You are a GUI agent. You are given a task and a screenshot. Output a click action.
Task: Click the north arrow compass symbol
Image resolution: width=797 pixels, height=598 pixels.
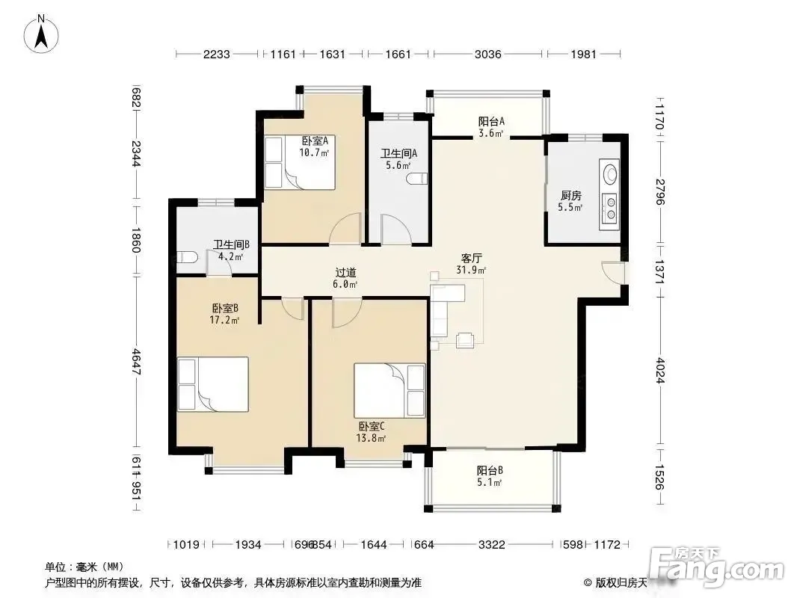pos(41,34)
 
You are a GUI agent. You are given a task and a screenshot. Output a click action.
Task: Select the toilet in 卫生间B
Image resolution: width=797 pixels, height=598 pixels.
pos(187,258)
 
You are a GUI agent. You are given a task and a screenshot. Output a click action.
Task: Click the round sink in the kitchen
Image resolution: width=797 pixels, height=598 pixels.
pos(609,173)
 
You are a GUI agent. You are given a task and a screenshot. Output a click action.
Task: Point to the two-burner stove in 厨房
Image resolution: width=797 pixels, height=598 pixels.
pos(609,209)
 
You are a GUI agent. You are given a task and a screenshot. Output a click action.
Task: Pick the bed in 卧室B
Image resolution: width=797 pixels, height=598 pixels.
pos(213,384)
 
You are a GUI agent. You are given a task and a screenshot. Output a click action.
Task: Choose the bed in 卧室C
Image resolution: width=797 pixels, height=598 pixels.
pos(390,390)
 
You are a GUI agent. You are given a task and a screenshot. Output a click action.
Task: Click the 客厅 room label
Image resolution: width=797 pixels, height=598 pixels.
pos(471,259)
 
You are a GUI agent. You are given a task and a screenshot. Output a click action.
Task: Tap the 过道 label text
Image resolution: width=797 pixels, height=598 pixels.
pos(345,273)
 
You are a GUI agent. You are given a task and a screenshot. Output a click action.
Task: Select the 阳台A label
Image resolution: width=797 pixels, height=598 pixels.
pos(491,121)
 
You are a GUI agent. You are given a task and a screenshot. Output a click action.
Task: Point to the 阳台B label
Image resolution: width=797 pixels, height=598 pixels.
pos(490,470)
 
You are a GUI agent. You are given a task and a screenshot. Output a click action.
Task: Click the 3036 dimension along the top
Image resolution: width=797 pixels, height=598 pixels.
pos(488,54)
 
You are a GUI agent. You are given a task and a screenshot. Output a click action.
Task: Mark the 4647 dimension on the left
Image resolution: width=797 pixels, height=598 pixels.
pos(136,361)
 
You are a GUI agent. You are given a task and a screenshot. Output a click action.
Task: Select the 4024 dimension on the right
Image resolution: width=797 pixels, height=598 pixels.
pos(660,370)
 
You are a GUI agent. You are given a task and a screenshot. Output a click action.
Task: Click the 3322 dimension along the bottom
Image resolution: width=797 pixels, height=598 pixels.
pos(491,545)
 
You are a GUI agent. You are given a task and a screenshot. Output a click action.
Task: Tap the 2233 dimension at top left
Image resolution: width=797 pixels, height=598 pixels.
pos(217,54)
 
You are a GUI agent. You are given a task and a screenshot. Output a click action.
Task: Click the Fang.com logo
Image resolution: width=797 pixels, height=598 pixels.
pos(718,565)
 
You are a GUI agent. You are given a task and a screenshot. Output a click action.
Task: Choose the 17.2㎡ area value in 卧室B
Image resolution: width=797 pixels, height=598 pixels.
pos(224,320)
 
